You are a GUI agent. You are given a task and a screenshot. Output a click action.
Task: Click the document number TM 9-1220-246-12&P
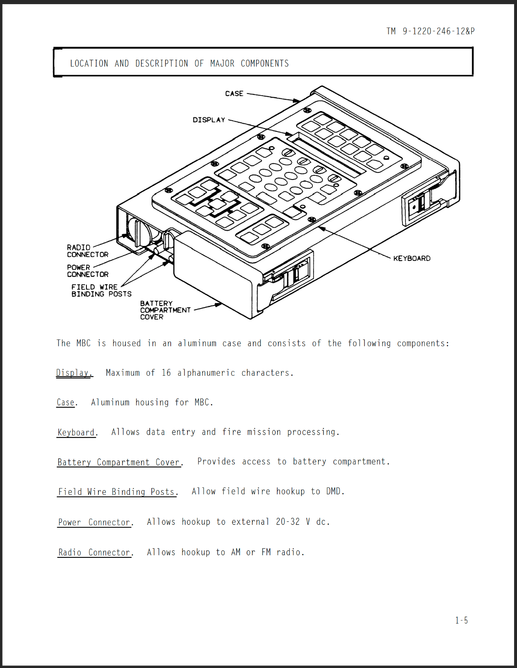(430, 31)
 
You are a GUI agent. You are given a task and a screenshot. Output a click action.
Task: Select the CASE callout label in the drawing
(234, 94)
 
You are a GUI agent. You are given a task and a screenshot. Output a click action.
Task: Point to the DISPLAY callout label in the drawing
(209, 120)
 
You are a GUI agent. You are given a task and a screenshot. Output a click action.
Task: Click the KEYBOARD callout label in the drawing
(412, 258)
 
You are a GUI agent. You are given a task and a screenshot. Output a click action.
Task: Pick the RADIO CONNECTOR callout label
(87, 251)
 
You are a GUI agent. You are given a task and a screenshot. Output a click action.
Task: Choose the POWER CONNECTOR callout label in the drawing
(87, 271)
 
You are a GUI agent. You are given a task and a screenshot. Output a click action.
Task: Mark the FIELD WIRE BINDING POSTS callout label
(101, 291)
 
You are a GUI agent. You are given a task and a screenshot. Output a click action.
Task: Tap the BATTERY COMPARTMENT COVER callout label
(165, 310)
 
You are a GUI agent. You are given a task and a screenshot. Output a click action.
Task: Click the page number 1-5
(461, 620)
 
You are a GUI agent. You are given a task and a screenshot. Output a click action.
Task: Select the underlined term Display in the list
(73, 373)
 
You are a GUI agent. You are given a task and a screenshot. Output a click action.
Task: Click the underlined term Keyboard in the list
(76, 432)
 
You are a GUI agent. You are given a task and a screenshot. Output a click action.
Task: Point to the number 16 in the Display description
(166, 373)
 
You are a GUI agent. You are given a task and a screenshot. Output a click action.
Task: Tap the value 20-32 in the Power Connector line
(288, 522)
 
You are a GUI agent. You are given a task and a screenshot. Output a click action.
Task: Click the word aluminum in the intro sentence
(197, 343)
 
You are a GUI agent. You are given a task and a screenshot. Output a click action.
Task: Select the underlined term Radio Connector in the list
(94, 552)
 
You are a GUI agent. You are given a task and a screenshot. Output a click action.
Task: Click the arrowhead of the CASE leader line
(297, 101)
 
